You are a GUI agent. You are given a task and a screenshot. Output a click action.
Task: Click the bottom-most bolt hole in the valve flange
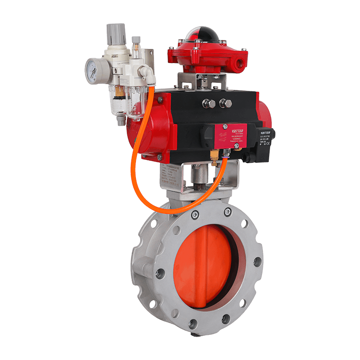point(193,323)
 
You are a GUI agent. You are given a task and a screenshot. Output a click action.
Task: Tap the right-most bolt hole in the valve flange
point(257,261)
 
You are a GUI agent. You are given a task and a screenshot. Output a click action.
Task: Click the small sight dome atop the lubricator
point(135,43)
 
